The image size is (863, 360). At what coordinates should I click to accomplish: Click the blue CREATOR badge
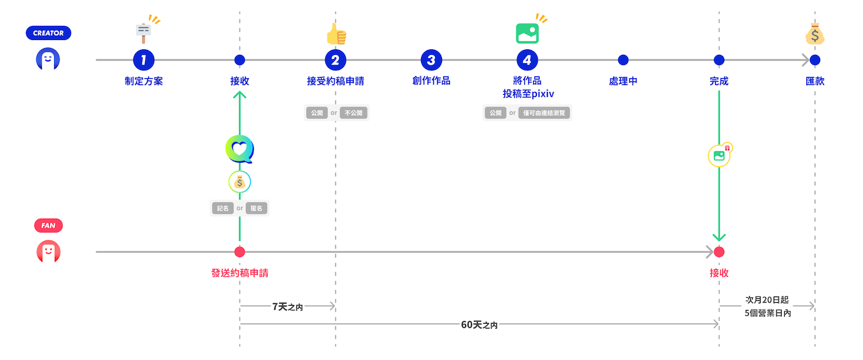(x=49, y=33)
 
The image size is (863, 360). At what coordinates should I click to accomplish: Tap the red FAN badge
(x=48, y=226)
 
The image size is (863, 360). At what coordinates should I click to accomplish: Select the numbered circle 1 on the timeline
(x=144, y=60)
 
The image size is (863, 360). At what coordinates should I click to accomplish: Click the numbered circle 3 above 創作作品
(x=431, y=60)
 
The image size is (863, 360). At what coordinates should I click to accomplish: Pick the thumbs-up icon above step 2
(x=337, y=35)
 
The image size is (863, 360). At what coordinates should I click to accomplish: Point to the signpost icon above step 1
(x=144, y=30)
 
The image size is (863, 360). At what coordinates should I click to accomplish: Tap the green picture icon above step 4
(x=528, y=33)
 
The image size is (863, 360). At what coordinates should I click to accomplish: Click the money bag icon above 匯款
(x=815, y=35)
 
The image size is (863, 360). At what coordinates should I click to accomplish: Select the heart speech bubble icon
(x=240, y=149)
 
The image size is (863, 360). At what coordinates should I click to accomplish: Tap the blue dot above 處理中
(x=623, y=60)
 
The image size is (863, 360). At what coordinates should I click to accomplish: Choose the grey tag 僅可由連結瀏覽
(x=545, y=113)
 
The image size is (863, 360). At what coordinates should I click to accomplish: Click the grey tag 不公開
(x=354, y=113)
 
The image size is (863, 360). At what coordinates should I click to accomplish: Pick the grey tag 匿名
(x=255, y=208)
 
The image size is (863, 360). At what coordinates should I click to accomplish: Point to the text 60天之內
(x=479, y=324)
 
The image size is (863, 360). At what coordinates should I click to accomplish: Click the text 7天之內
(x=287, y=306)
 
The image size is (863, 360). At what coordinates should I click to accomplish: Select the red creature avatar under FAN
(x=48, y=252)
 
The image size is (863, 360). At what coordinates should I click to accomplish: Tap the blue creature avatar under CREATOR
(x=48, y=59)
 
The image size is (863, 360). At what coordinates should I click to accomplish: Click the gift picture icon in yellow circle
(x=719, y=155)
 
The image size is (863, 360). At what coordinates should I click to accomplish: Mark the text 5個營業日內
(x=767, y=313)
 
